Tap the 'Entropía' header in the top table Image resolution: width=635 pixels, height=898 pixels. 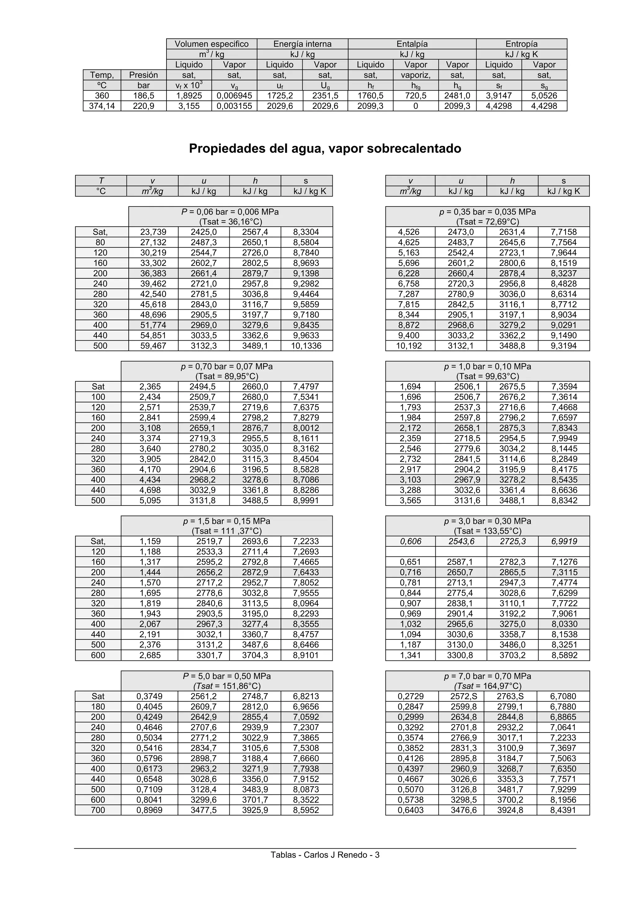(x=521, y=44)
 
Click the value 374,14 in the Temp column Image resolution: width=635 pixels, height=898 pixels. (x=102, y=106)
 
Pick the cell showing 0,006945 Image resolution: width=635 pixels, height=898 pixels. (x=234, y=96)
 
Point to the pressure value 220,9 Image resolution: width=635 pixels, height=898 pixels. (x=143, y=106)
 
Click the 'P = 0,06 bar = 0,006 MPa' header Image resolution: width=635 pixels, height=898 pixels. (x=230, y=212)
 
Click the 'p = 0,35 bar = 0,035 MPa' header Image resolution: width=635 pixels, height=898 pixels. (x=487, y=212)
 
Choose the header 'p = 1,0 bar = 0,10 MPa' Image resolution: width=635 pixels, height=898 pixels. (x=487, y=366)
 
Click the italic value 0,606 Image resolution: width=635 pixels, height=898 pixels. (x=411, y=541)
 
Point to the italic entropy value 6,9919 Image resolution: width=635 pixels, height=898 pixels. (x=563, y=541)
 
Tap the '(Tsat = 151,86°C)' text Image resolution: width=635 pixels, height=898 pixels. (x=227, y=686)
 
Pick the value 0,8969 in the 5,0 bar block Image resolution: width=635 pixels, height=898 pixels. (x=149, y=810)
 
